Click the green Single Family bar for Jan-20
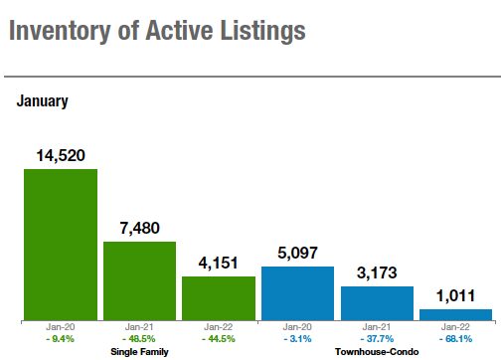(x=61, y=245)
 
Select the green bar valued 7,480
(x=139, y=281)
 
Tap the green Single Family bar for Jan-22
(x=219, y=298)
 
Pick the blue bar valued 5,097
(x=297, y=293)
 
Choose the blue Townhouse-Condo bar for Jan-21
(x=377, y=303)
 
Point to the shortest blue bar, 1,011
(x=455, y=315)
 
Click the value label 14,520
(x=61, y=155)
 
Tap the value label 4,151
(x=219, y=264)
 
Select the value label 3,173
(x=377, y=272)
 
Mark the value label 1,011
(x=455, y=295)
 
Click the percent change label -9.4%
(x=61, y=339)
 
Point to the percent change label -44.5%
(x=219, y=339)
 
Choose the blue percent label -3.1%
(x=297, y=339)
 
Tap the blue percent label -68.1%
(x=455, y=339)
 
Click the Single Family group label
(x=139, y=352)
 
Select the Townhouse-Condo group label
(x=377, y=352)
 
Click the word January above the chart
(x=43, y=101)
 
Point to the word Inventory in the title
(x=60, y=31)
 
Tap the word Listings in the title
(x=262, y=31)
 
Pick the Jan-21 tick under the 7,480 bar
(x=139, y=327)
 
